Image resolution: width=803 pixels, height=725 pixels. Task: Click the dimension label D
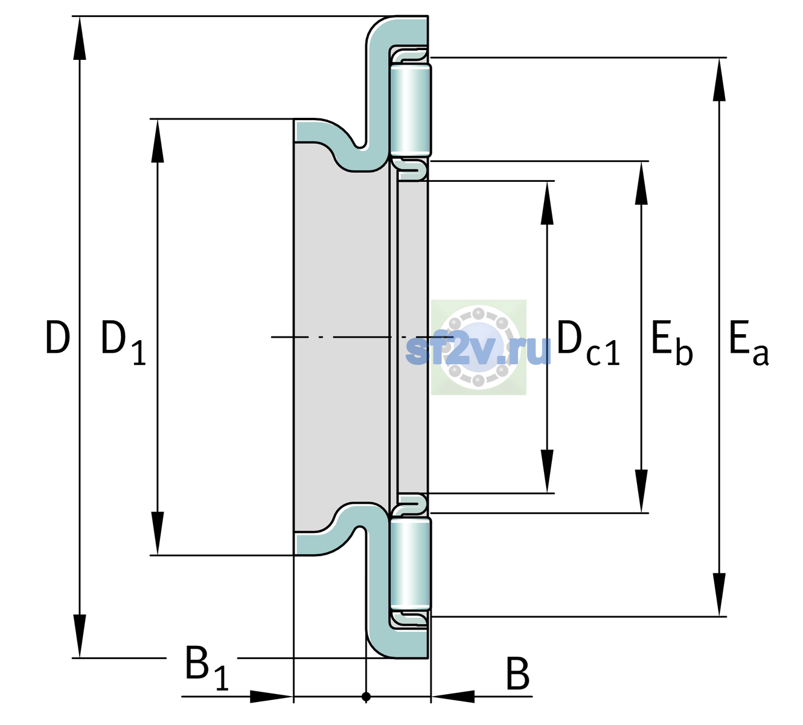[57, 337]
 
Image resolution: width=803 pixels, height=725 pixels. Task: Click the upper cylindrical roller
[411, 109]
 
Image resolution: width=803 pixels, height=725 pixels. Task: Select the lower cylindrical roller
[411, 564]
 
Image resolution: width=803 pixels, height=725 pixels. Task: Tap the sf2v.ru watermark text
[478, 350]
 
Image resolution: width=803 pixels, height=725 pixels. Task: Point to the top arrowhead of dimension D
[80, 38]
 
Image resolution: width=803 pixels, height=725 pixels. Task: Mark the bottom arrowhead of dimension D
[80, 636]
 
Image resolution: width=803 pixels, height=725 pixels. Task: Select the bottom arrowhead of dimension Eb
[641, 491]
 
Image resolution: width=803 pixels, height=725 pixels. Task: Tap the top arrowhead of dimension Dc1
[547, 203]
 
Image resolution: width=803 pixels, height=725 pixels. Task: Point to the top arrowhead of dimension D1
[158, 141]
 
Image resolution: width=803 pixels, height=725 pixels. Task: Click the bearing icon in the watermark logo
[479, 347]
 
